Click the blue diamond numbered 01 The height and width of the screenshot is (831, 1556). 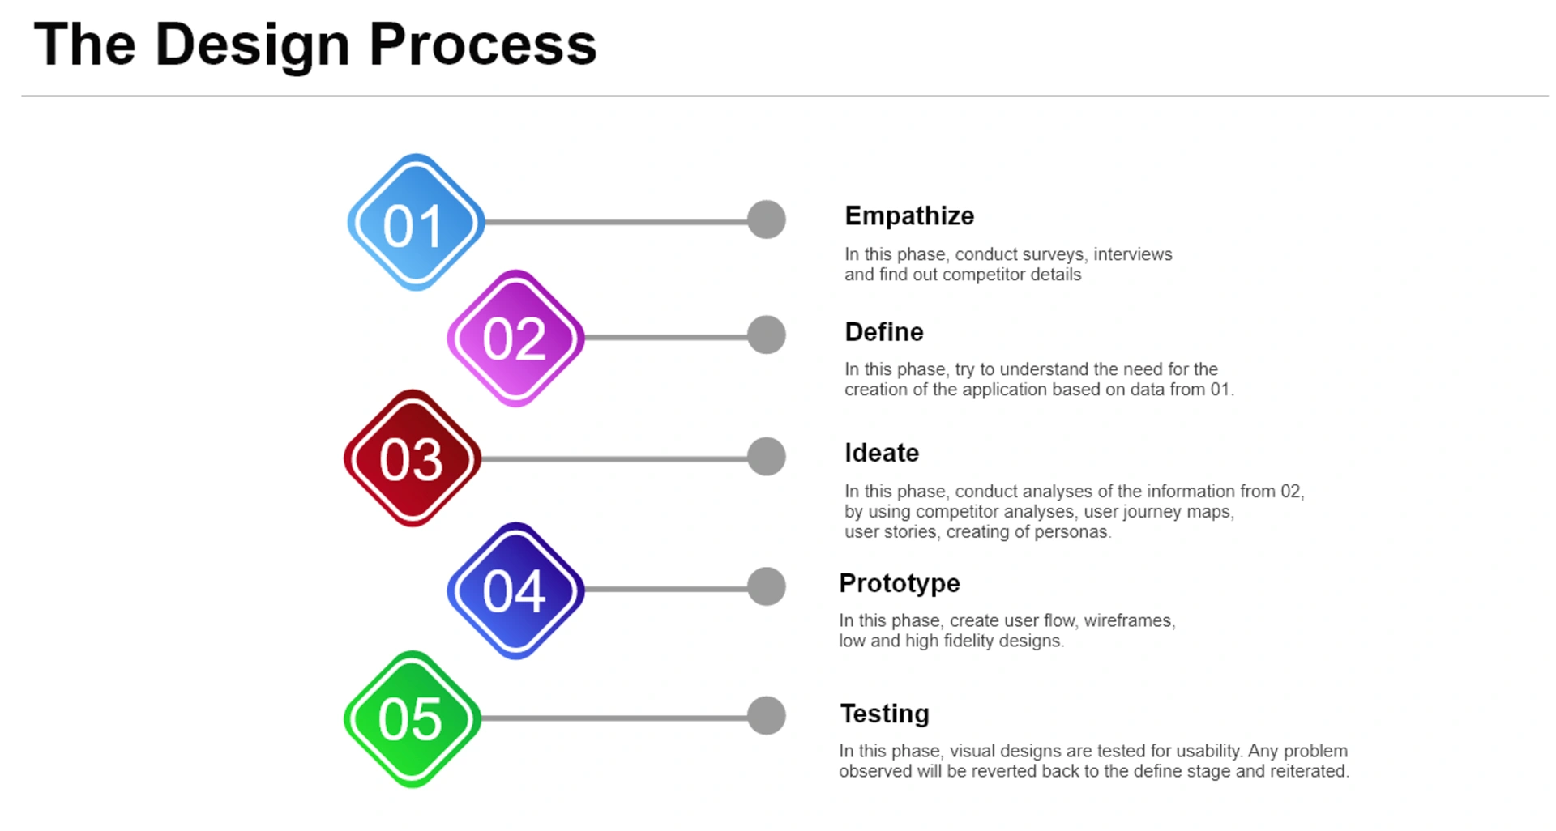coord(416,222)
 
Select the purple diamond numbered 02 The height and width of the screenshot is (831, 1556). coord(515,338)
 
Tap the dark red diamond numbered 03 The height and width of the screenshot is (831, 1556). coord(413,458)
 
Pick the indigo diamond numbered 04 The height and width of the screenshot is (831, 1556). coord(515,590)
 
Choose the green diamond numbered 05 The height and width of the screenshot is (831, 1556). coord(413,719)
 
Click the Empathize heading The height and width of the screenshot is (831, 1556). coord(909,216)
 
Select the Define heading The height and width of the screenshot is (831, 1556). coord(884,332)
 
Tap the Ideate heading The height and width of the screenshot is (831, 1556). coord(882,453)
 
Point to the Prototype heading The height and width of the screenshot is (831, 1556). coord(900,584)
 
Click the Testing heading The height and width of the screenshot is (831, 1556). coord(884,714)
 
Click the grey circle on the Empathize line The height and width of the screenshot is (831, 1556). coord(767,219)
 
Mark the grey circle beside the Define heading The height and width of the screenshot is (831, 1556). coord(767,335)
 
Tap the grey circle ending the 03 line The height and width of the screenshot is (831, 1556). coord(767,457)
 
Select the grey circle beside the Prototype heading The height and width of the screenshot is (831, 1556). coord(767,586)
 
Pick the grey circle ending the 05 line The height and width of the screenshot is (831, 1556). coord(767,716)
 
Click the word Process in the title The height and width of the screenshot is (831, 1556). coord(483,45)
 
